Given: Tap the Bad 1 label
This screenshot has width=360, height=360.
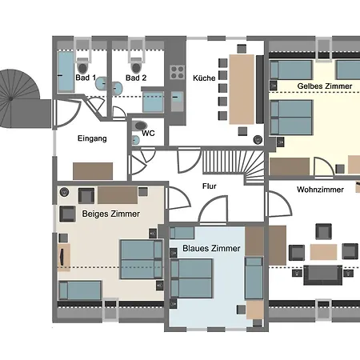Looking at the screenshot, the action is coord(86,78).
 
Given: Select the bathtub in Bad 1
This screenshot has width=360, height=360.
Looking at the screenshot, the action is coord(66,72).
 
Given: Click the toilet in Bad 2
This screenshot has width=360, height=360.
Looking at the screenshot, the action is coord(136,66).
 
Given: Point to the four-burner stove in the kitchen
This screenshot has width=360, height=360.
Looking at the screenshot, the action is coord(178,72).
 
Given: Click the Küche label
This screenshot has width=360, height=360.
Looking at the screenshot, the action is coord(204,78).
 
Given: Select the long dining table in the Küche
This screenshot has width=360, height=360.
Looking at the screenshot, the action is coord(242,90).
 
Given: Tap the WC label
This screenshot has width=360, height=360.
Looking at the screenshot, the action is coord(148,133).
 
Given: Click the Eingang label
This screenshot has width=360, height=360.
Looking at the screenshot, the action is coord(92,138).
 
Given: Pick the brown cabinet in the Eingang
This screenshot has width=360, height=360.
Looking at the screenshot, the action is coord(93,171).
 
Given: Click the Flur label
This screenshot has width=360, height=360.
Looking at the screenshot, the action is coord(209,186).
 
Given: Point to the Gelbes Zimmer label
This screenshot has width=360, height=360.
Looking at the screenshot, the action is coord(325,86).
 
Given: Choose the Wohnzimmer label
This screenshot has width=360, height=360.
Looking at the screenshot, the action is coord(320,190).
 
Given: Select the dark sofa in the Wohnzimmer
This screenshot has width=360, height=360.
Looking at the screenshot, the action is coord(323,275).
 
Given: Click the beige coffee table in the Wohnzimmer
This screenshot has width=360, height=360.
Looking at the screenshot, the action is coord(323,252).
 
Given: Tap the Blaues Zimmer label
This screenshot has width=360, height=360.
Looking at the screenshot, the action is coord(211,249).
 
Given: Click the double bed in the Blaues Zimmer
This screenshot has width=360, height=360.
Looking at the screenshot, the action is coord(191,278).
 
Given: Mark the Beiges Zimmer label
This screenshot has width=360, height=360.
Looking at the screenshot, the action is coord(111,214).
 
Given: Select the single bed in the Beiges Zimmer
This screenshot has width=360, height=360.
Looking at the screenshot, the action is coord(80,290).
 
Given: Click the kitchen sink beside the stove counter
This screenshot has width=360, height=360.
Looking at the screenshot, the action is coord(177,101).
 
